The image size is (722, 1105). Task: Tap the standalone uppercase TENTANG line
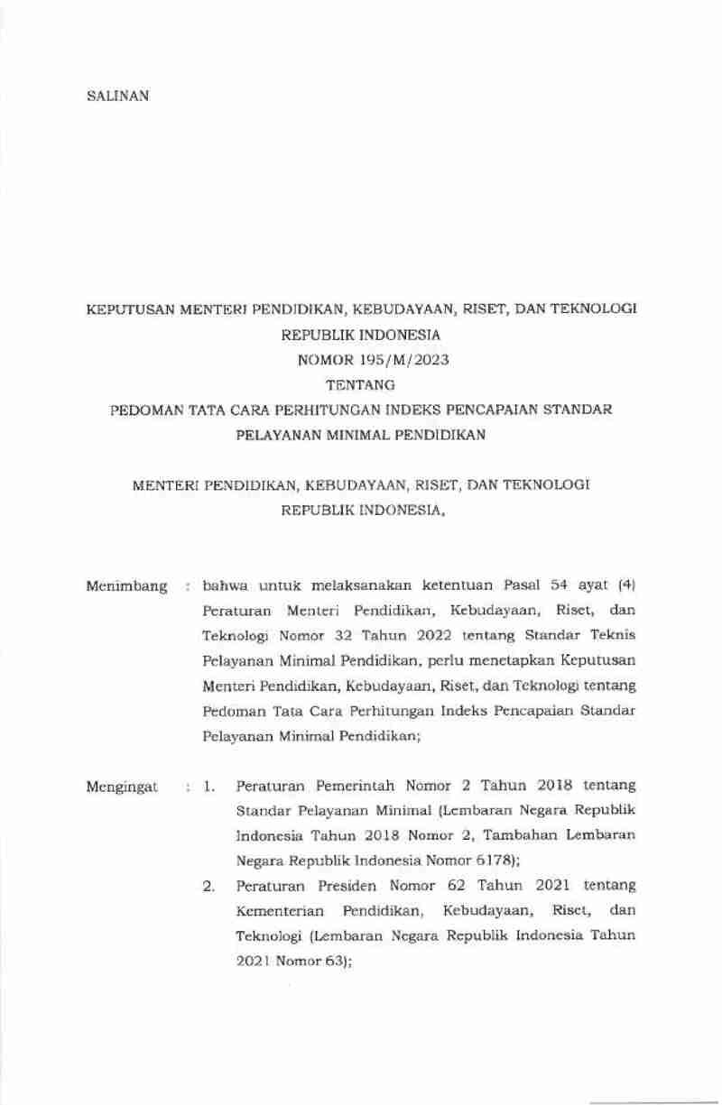[x=361, y=385]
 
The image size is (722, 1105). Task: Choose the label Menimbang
[x=126, y=587]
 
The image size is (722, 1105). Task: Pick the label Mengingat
[x=122, y=787]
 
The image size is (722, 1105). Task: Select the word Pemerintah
[x=347, y=787]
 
